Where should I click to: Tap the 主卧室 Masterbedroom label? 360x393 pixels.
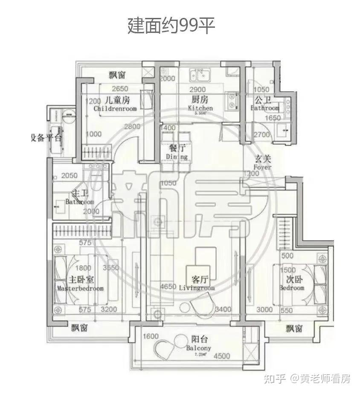pyautogui.click(x=81, y=284)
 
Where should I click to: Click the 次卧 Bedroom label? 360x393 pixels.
pyautogui.click(x=292, y=283)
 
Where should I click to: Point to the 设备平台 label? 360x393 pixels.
pyautogui.click(x=46, y=138)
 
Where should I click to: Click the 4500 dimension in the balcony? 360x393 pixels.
pyautogui.click(x=221, y=356)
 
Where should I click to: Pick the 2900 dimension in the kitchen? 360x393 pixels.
pyautogui.click(x=197, y=90)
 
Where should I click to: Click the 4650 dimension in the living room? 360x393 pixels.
pyautogui.click(x=168, y=287)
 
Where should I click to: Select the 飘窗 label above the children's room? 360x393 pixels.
pyautogui.click(x=117, y=76)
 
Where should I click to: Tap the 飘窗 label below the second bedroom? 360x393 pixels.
pyautogui.click(x=294, y=328)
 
